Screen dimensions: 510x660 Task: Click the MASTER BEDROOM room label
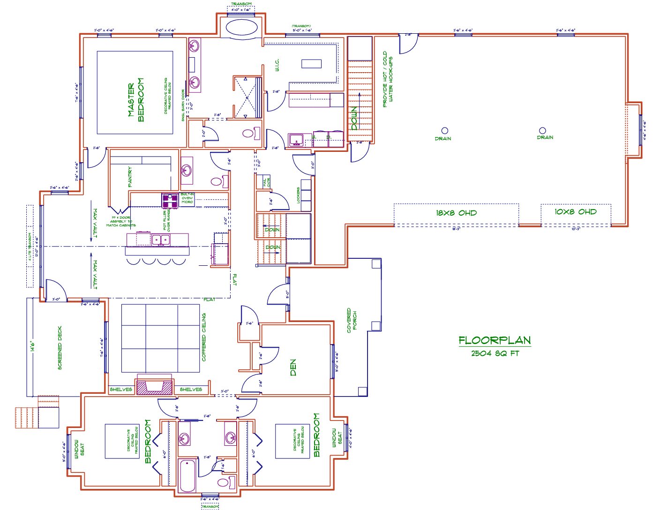point(136,100)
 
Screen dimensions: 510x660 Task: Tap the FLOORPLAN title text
point(495,340)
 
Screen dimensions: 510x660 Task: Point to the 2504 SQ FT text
point(495,353)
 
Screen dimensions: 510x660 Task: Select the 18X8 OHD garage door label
point(456,213)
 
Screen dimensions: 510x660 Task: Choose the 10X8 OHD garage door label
point(576,212)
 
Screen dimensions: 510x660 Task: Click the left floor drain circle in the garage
point(444,130)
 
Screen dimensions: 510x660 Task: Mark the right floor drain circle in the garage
point(542,130)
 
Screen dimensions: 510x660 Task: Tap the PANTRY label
point(130,177)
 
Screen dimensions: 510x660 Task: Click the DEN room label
point(293,367)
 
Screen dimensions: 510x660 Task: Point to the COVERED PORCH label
point(352,321)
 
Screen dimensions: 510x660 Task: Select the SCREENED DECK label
point(60,348)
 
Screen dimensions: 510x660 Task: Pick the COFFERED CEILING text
point(203,337)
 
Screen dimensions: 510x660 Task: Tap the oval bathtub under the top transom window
point(241,27)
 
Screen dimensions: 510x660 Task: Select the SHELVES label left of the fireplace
point(120,390)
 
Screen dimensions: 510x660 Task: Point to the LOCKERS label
point(298,195)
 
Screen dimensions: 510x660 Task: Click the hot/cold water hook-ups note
point(388,80)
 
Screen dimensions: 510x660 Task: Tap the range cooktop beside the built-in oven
point(169,200)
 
